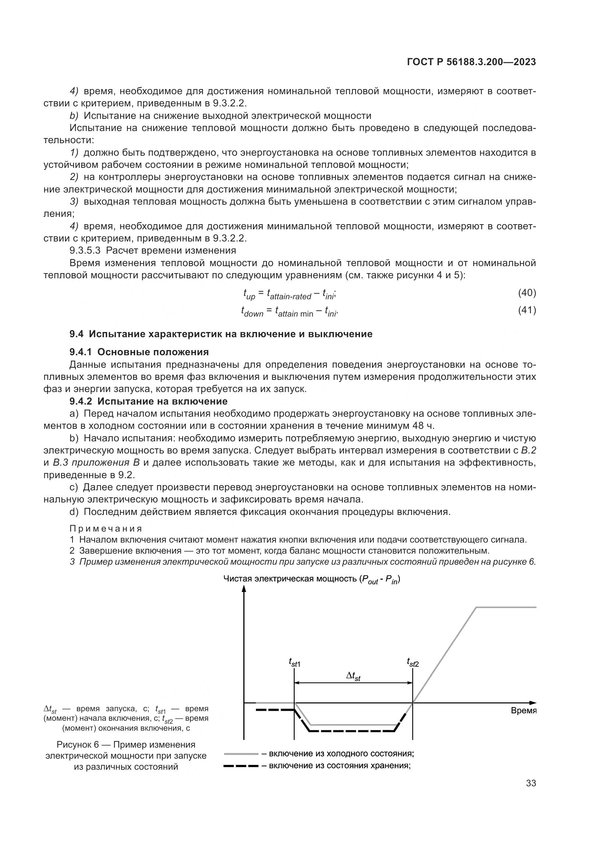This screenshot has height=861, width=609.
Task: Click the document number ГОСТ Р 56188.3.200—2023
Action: pyautogui.click(x=471, y=62)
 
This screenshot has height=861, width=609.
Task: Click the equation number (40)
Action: pyautogui.click(x=527, y=293)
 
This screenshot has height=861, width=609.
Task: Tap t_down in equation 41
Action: pyautogui.click(x=252, y=312)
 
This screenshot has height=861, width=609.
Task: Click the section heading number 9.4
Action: pyautogui.click(x=77, y=334)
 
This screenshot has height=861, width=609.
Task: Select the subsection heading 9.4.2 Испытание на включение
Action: pyautogui.click(x=148, y=401)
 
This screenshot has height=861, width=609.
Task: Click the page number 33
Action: pyautogui.click(x=531, y=783)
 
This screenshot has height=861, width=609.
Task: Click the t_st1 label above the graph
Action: pyautogui.click(x=295, y=663)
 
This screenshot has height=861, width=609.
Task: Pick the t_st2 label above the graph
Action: pyautogui.click(x=412, y=663)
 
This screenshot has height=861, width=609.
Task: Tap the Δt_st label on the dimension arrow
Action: pyautogui.click(x=353, y=677)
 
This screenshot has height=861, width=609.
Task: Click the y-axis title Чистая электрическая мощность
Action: pyautogui.click(x=291, y=579)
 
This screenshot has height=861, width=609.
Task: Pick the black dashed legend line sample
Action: pyautogui.click(x=241, y=766)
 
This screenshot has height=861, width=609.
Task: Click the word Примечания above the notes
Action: pyautogui.click(x=106, y=529)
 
